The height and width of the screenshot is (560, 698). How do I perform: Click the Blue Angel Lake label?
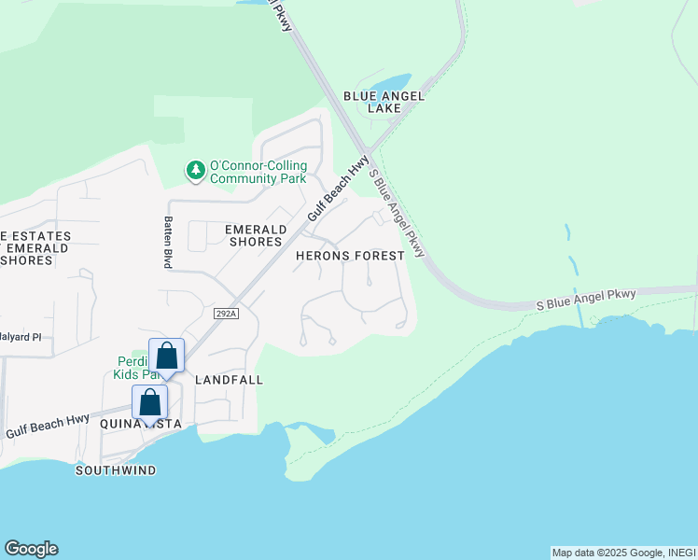tap(384, 102)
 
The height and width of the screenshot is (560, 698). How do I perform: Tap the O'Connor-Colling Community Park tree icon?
tap(196, 171)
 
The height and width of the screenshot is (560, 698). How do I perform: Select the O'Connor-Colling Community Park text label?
tap(258, 172)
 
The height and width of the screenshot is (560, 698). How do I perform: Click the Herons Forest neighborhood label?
tap(350, 255)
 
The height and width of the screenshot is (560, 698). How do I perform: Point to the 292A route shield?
tap(225, 314)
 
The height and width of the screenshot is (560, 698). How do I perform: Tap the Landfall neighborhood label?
tap(229, 380)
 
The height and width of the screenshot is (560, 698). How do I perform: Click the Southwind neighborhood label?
tap(116, 470)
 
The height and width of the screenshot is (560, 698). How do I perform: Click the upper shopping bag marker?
tap(167, 356)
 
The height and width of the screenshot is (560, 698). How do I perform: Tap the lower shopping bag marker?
tap(150, 403)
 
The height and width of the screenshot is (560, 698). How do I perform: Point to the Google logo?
tap(31, 549)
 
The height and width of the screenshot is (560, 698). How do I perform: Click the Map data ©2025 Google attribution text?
tap(623, 553)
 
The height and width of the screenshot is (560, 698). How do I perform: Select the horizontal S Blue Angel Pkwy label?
tap(586, 300)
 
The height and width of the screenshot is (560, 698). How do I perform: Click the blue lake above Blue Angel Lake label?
tap(389, 85)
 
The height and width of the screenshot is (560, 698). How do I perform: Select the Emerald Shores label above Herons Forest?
tap(254, 235)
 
